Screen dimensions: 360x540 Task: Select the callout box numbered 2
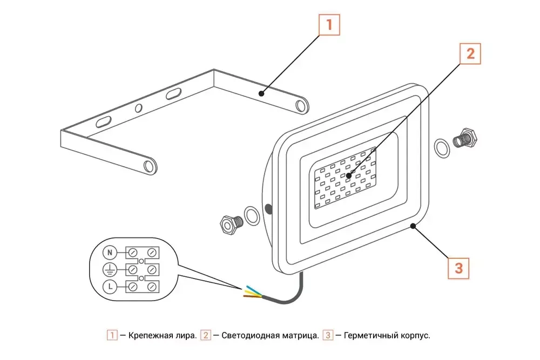pyautogui.click(x=470, y=53)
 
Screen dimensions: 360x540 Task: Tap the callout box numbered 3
pyautogui.click(x=458, y=268)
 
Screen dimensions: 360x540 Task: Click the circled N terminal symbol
pyautogui.click(x=110, y=252)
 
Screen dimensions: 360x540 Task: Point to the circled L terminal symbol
pyautogui.click(x=110, y=286)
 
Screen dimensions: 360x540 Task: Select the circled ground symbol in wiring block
pyautogui.click(x=110, y=269)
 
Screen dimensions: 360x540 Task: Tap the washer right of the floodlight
pyautogui.click(x=442, y=148)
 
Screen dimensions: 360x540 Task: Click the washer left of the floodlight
pyautogui.click(x=252, y=215)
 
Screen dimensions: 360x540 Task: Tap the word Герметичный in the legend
pyautogui.click(x=370, y=336)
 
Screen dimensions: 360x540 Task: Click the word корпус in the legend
pyautogui.click(x=414, y=336)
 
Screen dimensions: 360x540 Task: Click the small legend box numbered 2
pyautogui.click(x=206, y=336)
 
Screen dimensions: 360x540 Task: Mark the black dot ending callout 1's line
pyautogui.click(x=261, y=93)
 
